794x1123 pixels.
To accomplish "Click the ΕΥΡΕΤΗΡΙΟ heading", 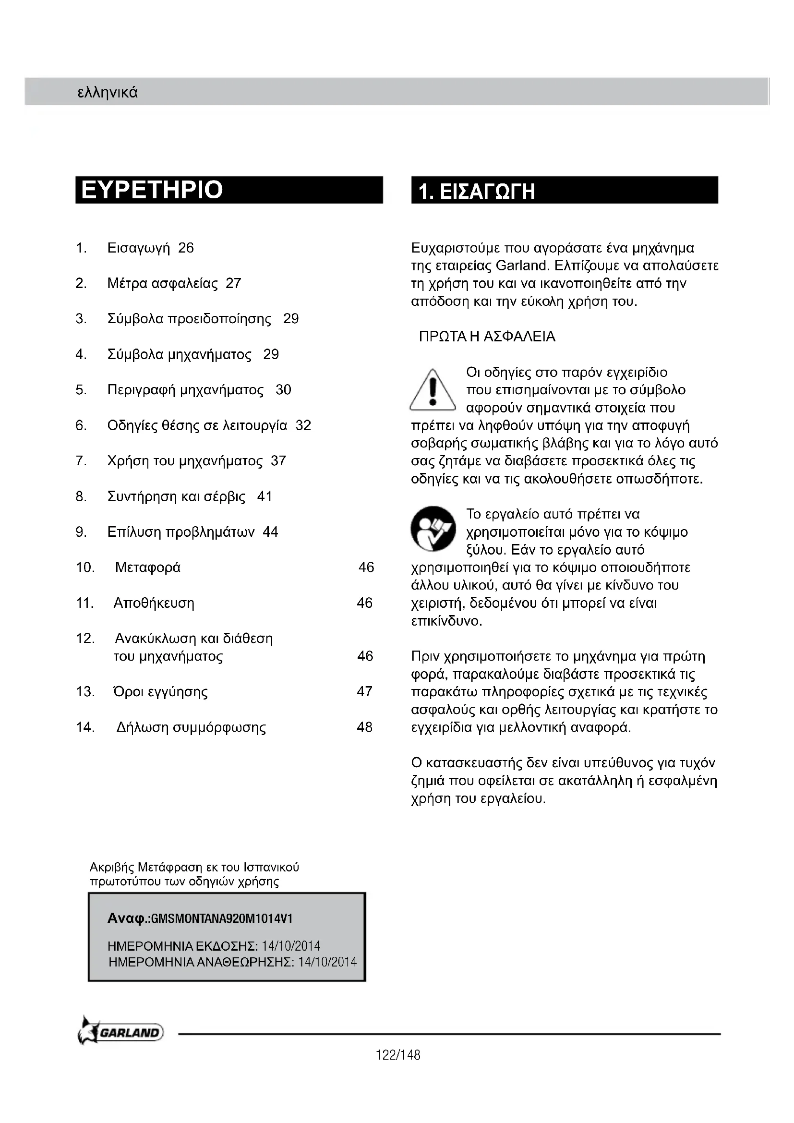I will [152, 190].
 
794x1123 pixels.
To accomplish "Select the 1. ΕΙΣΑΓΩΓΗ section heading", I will [477, 191].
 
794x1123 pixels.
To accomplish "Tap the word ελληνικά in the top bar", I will [108, 93].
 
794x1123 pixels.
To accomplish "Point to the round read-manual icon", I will [433, 529].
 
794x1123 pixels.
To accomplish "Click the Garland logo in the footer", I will [121, 1033].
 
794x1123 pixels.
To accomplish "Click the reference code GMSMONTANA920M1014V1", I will [222, 918].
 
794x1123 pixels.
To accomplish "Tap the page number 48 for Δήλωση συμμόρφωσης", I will [365, 727].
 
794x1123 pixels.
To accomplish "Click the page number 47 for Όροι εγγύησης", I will [365, 691].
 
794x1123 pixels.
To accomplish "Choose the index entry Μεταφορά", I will [148, 568].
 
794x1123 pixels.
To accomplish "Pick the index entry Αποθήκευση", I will [154, 603].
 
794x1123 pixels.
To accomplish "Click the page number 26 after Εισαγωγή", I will [186, 248].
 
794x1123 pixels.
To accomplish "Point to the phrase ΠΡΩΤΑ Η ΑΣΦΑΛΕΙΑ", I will [487, 337].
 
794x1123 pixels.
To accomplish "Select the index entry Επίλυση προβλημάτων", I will [181, 532].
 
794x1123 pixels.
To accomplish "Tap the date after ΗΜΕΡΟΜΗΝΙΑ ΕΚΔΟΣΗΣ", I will [291, 946].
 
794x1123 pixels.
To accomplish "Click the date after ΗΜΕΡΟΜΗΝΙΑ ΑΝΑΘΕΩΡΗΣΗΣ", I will [327, 962].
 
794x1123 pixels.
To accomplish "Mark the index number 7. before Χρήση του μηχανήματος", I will [81, 461].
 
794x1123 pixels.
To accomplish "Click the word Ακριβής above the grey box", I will [111, 868].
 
